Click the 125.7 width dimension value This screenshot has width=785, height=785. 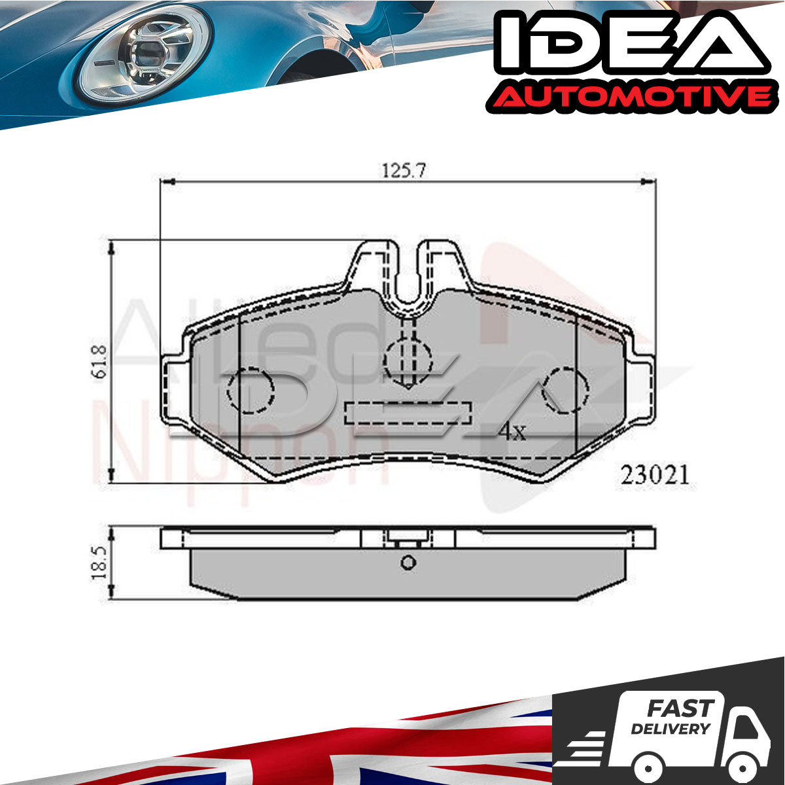[x=404, y=170]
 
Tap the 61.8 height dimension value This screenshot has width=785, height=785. [x=99, y=361]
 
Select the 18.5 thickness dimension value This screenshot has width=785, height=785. [x=99, y=562]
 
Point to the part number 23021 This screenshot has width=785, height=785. [x=655, y=475]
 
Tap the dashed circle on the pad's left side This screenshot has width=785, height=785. [x=251, y=390]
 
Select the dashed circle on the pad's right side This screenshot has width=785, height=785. [x=565, y=390]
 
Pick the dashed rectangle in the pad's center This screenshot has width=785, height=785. [x=408, y=413]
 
